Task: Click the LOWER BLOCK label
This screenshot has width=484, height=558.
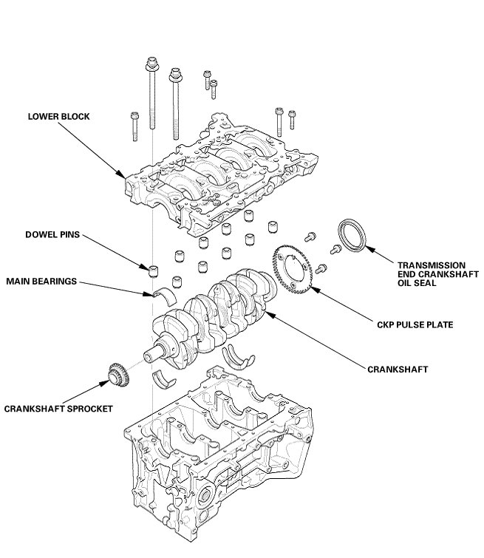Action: coord(58,116)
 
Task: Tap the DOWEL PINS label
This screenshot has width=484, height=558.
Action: coord(52,234)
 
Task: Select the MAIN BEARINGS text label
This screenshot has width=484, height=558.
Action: coord(41,281)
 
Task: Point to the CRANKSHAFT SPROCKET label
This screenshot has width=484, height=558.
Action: coord(58,409)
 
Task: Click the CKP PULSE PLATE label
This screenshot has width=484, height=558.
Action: coord(415,324)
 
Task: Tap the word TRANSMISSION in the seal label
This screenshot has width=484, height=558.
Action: coord(432,265)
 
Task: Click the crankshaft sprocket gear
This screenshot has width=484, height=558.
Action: coord(118,375)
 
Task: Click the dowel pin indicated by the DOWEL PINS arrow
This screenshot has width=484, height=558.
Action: coord(154,271)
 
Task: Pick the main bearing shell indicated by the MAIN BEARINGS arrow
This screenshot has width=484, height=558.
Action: coord(166,295)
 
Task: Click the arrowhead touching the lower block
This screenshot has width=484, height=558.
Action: coord(121,174)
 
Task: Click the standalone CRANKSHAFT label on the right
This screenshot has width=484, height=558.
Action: coord(398,370)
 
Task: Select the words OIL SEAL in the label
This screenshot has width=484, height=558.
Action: coord(417,283)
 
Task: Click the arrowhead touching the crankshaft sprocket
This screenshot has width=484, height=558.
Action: coord(105,383)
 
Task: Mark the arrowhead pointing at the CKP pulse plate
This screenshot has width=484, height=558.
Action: coord(316,290)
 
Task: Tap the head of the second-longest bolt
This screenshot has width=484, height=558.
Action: coord(175,75)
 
